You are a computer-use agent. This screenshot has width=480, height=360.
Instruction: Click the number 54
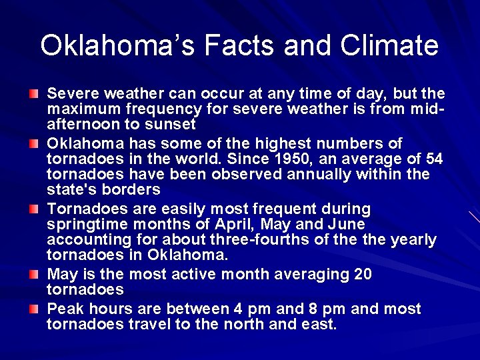pyautogui.click(x=434, y=159)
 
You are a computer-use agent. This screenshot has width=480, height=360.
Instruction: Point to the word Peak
pyautogui.click(x=63, y=309)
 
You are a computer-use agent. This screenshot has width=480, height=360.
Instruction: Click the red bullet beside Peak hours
pyautogui.click(x=33, y=309)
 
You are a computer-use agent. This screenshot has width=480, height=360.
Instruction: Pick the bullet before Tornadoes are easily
pyautogui.click(x=33, y=209)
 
